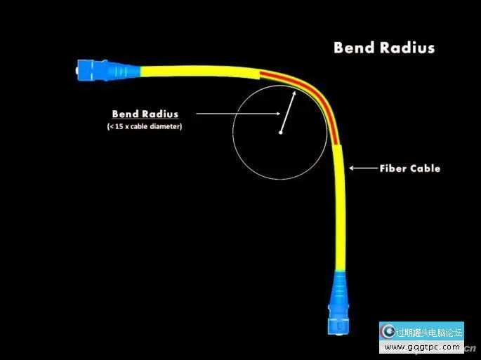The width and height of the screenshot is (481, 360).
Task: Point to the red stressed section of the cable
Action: click(x=309, y=92)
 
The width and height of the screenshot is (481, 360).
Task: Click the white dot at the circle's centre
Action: click(x=280, y=132)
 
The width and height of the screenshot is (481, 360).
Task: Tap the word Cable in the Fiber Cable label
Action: click(x=425, y=168)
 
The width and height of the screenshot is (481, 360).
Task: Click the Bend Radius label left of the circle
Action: click(x=145, y=114)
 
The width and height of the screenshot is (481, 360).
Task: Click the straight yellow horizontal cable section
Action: click(x=190, y=69)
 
